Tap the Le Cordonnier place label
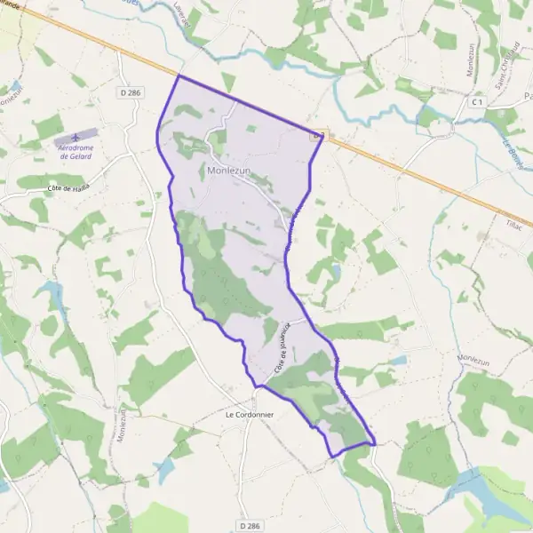(x=251, y=415)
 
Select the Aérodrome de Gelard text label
(x=76, y=151)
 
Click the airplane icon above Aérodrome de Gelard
(x=76, y=136)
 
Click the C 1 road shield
(x=478, y=102)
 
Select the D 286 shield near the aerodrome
(x=130, y=91)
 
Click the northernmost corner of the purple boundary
(x=179, y=76)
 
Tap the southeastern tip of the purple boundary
(x=375, y=442)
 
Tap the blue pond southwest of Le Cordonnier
(x=165, y=470)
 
